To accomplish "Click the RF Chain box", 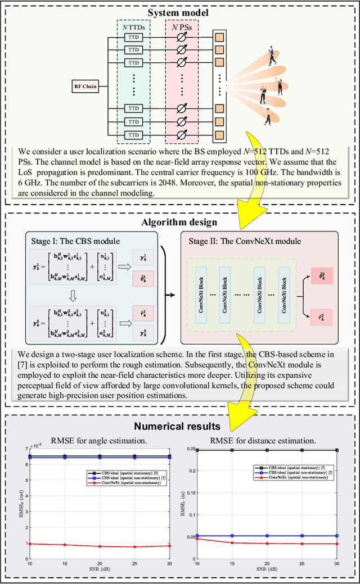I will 86,86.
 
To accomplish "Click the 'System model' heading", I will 179,12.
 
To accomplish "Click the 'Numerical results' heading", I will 179,425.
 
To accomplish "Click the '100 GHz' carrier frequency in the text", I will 304,173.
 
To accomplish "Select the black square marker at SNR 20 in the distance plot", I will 268,450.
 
